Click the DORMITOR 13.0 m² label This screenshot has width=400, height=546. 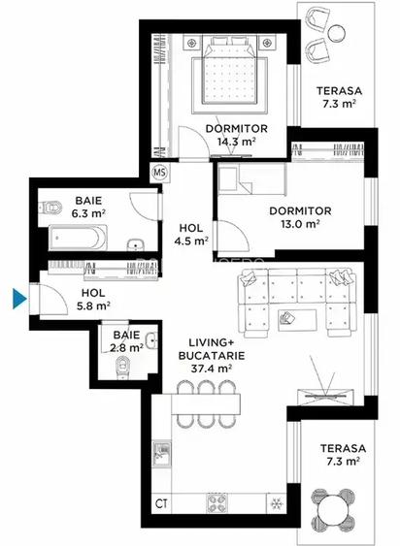point(301,216)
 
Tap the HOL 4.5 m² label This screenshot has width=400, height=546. point(191,234)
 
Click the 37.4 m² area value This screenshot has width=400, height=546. point(210,369)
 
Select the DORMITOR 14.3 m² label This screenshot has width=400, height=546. point(230,133)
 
